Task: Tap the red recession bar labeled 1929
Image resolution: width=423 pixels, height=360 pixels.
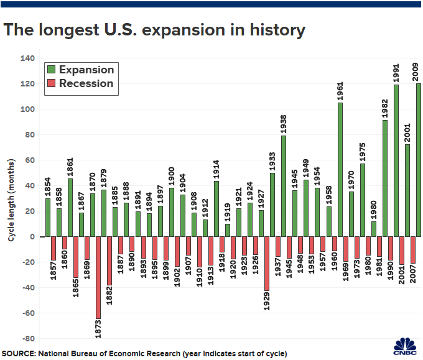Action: pos(267,264)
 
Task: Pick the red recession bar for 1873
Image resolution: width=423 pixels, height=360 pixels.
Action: pos(98,277)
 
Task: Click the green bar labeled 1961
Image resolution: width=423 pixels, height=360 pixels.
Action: pos(340,169)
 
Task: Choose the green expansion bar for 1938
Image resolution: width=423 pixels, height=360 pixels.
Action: pos(284,186)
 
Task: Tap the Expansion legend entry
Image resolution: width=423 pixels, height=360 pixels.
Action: pos(79,70)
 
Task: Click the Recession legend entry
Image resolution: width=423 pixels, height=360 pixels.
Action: pos(79,83)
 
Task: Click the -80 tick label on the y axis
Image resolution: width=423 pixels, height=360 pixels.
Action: pos(28,339)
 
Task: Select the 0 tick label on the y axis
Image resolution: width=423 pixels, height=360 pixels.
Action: pos(32,237)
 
